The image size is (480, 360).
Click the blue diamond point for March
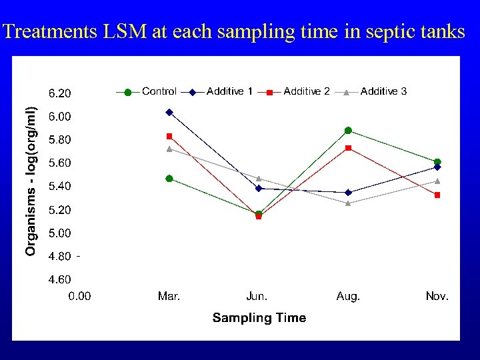pyautogui.click(x=169, y=112)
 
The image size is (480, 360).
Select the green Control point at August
pyautogui.click(x=348, y=131)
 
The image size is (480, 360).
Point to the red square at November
pyautogui.click(x=437, y=195)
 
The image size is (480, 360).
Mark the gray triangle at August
pyautogui.click(x=348, y=203)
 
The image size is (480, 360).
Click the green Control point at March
pyautogui.click(x=169, y=179)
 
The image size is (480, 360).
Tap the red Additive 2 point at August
pyautogui.click(x=348, y=148)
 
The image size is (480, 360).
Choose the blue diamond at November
pyautogui.click(x=437, y=167)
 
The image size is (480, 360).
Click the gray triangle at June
pyautogui.click(x=259, y=179)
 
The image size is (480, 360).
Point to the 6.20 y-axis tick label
pyautogui.click(x=60, y=93)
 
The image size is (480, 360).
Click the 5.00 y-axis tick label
pyautogui.click(x=60, y=233)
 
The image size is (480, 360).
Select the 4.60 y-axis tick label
pyautogui.click(x=60, y=280)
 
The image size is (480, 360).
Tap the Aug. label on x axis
pyautogui.click(x=348, y=297)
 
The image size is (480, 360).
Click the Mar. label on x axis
pyautogui.click(x=169, y=297)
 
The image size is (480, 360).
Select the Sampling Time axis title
pyautogui.click(x=259, y=318)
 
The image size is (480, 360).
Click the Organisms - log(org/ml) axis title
pyautogui.click(x=31, y=172)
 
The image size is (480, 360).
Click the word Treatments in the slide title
pyautogui.click(x=50, y=31)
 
